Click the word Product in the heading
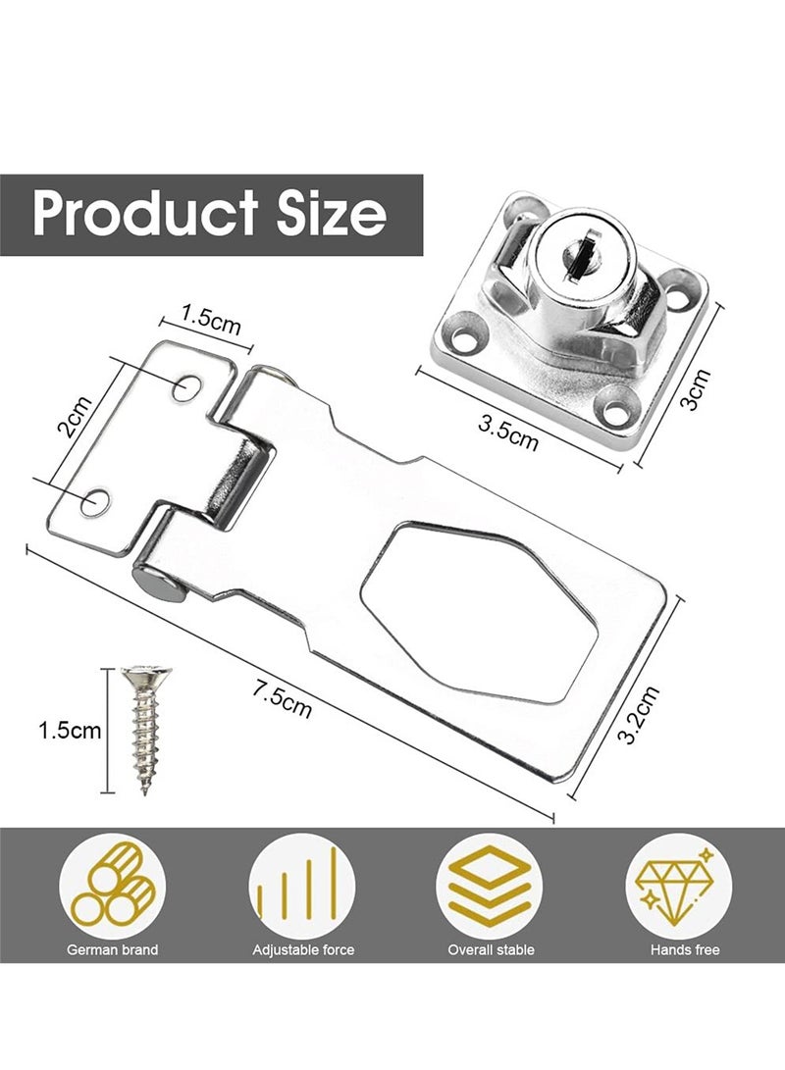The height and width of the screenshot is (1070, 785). (146, 213)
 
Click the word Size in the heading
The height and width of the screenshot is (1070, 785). (331, 213)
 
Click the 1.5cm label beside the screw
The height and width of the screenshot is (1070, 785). (70, 731)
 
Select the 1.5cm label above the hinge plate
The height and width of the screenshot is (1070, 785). (211, 319)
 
